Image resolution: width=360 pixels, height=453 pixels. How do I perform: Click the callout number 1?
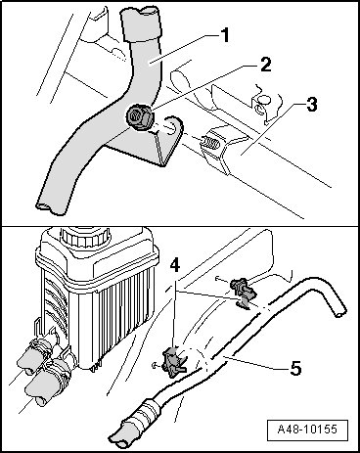(x=224, y=36)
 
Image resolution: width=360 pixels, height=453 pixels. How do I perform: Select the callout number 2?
(x=265, y=65)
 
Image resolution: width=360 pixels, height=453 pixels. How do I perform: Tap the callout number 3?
(x=311, y=105)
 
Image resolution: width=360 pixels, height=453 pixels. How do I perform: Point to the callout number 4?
(x=175, y=266)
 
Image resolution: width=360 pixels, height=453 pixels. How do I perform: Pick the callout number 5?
(x=295, y=368)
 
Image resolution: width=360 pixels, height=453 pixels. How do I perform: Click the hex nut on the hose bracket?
(x=138, y=117)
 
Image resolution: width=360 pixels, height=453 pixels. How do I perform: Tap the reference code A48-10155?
(x=307, y=430)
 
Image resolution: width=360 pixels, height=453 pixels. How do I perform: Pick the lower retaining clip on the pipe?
(x=173, y=361)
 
